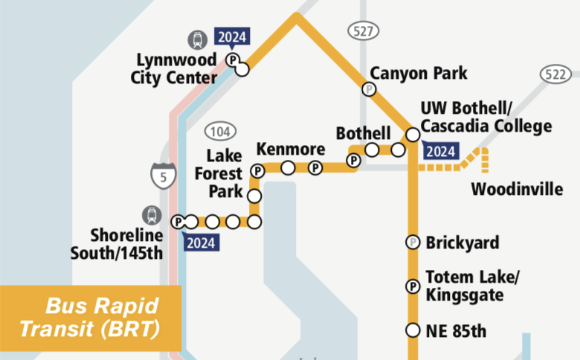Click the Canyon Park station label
[x=419, y=73]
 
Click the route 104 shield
[x=219, y=133]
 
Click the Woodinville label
[x=517, y=189]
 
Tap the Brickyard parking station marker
[x=413, y=242]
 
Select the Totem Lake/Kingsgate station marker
[x=413, y=286]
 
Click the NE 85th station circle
[x=413, y=330]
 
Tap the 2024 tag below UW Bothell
[x=440, y=152]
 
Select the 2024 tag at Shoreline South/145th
[x=200, y=242]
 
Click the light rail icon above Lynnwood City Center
[x=198, y=39]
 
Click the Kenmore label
[x=291, y=149]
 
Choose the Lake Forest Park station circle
[x=254, y=196]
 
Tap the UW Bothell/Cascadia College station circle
[x=412, y=135]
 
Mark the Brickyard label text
[x=463, y=242]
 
